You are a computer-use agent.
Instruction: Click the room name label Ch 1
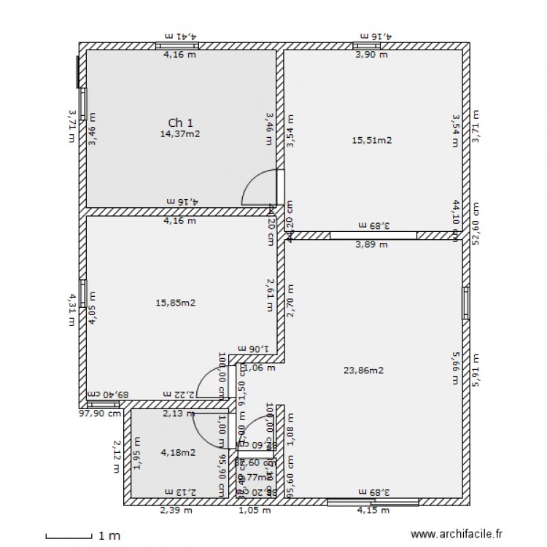click(180, 123)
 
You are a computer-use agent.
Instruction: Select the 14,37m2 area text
click(180, 133)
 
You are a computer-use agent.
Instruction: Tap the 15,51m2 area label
click(371, 140)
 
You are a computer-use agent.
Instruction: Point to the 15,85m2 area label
click(175, 303)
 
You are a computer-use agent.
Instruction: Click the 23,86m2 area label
click(363, 370)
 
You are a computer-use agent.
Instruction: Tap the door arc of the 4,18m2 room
click(205, 423)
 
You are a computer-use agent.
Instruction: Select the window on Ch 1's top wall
click(177, 46)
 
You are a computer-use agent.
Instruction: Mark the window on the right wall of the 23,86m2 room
click(465, 303)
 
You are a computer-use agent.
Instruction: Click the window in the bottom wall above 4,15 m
click(373, 502)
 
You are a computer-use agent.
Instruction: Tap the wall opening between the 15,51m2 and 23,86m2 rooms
click(373, 236)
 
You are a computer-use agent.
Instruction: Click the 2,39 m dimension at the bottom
click(176, 511)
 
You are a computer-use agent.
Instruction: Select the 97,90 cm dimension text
click(104, 413)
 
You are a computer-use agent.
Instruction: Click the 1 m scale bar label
click(109, 536)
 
